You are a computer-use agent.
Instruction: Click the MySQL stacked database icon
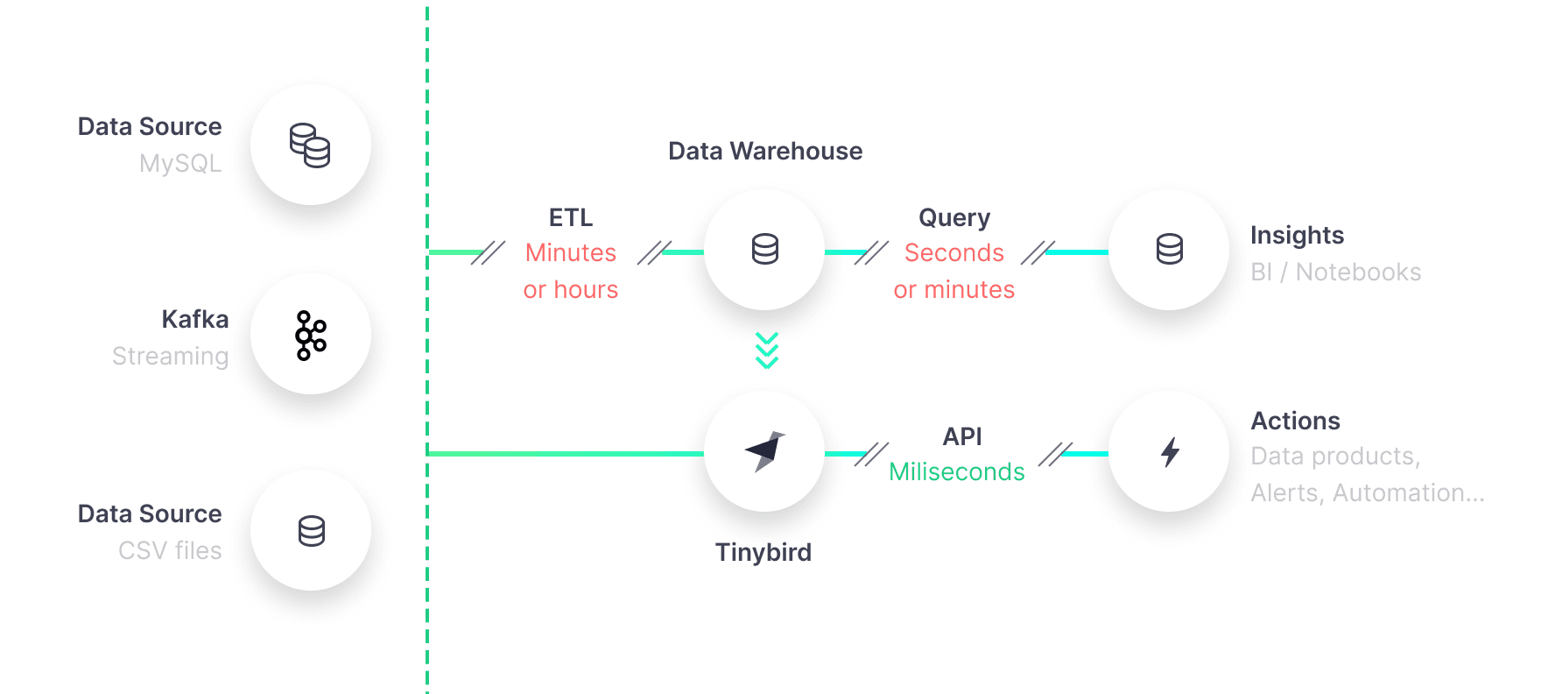(310, 145)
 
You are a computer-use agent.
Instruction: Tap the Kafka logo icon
(311, 335)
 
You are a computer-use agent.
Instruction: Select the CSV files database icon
(311, 531)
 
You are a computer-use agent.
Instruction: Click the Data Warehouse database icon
(764, 250)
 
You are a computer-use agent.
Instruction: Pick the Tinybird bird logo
(764, 451)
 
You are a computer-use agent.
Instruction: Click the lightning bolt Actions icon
(1170, 452)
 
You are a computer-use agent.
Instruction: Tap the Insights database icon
(1169, 250)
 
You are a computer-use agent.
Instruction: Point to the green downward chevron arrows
(767, 351)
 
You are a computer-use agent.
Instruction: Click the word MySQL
(180, 164)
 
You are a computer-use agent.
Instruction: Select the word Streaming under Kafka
(170, 357)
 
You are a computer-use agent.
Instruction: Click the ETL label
(571, 217)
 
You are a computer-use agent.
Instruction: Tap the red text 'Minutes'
(571, 253)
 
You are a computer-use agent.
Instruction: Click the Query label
(954, 217)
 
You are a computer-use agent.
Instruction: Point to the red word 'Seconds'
(954, 253)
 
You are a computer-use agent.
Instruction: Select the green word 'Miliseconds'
(957, 472)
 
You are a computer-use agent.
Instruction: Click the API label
(962, 436)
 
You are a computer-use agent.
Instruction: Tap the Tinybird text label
(763, 553)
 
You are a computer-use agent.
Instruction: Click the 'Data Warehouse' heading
(765, 152)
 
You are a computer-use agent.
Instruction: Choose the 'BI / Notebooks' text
(1335, 273)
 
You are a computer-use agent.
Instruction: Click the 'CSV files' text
(170, 551)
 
